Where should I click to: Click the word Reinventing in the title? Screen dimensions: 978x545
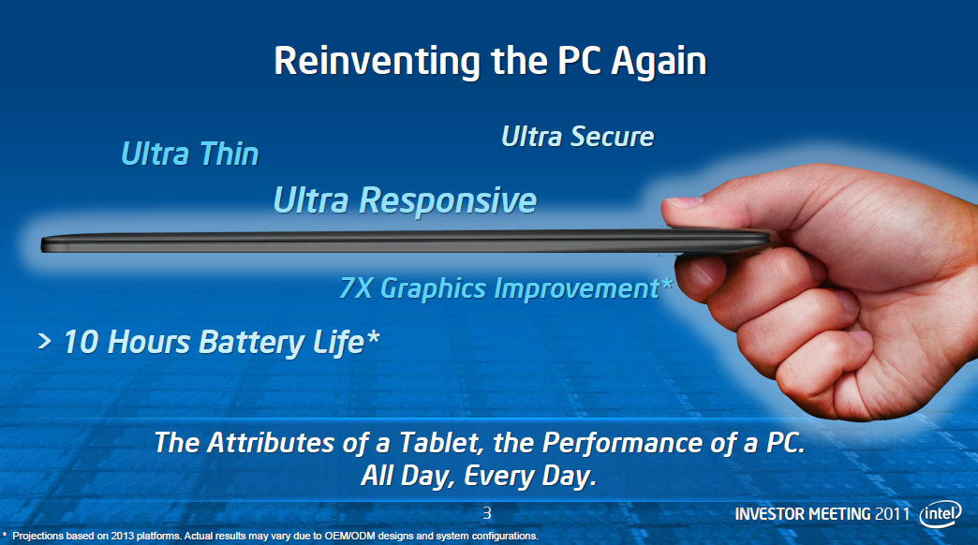[x=377, y=62]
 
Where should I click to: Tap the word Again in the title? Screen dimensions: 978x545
[x=659, y=63]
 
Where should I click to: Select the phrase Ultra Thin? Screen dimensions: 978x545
[x=189, y=154]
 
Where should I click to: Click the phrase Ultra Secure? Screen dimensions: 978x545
[x=578, y=137]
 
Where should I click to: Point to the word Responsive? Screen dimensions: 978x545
[x=447, y=201]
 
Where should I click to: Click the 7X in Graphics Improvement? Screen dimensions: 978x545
[x=356, y=288]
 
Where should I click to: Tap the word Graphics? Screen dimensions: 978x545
[x=433, y=289]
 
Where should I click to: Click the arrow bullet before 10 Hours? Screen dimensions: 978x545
[x=44, y=341]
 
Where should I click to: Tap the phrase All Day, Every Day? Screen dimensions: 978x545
[x=479, y=476]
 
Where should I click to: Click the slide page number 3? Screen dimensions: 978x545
[x=487, y=513]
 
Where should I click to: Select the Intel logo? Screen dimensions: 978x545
[x=941, y=514]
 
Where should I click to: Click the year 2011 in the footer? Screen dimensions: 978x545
[x=893, y=514]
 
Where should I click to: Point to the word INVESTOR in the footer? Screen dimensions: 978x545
[x=770, y=514]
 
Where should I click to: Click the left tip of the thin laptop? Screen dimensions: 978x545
[x=42, y=244]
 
